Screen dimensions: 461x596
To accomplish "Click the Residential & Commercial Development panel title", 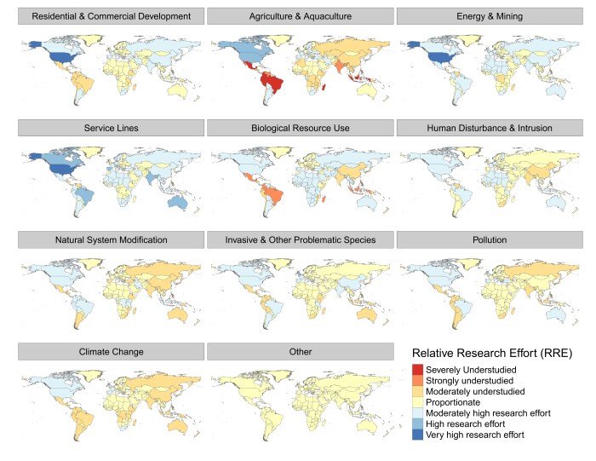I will pos(111,16).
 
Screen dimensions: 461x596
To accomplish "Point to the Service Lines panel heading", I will pos(111,128).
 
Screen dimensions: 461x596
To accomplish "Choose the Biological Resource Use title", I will pos(301,128).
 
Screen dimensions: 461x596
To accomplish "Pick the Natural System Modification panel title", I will pos(111,239).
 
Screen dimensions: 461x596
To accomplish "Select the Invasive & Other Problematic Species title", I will pos(301,239).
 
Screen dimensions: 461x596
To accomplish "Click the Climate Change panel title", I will pos(111,351).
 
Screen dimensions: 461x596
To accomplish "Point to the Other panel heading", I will pos(301,351).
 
